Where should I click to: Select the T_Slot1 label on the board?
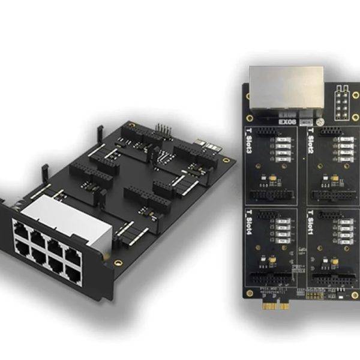(x=311, y=231)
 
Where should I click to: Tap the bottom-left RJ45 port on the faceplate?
(x=22, y=252)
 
